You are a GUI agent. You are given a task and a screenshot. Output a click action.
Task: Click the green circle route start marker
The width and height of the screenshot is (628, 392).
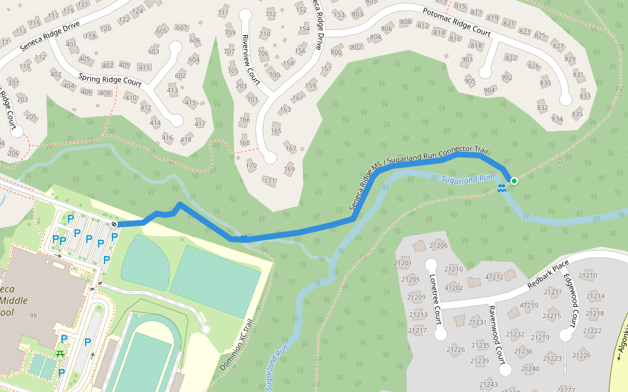tap(514, 181)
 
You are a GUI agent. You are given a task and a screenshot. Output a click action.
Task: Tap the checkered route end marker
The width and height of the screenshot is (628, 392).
tap(114, 224)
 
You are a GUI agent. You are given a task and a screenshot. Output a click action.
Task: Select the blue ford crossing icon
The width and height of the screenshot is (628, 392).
tap(501, 189)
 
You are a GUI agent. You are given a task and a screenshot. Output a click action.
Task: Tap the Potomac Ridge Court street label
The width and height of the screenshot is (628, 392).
tap(456, 22)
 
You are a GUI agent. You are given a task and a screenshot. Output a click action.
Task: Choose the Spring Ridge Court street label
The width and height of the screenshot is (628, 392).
tap(110, 80)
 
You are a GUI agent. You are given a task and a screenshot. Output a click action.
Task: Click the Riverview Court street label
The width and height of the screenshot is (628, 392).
tap(251, 60)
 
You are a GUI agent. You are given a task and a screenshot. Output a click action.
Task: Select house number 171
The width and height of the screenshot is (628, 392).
tap(269, 180)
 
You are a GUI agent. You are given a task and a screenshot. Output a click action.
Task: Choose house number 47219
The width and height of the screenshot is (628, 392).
tap(529, 305)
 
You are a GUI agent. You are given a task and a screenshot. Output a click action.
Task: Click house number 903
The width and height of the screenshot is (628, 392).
tap(467, 59)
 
